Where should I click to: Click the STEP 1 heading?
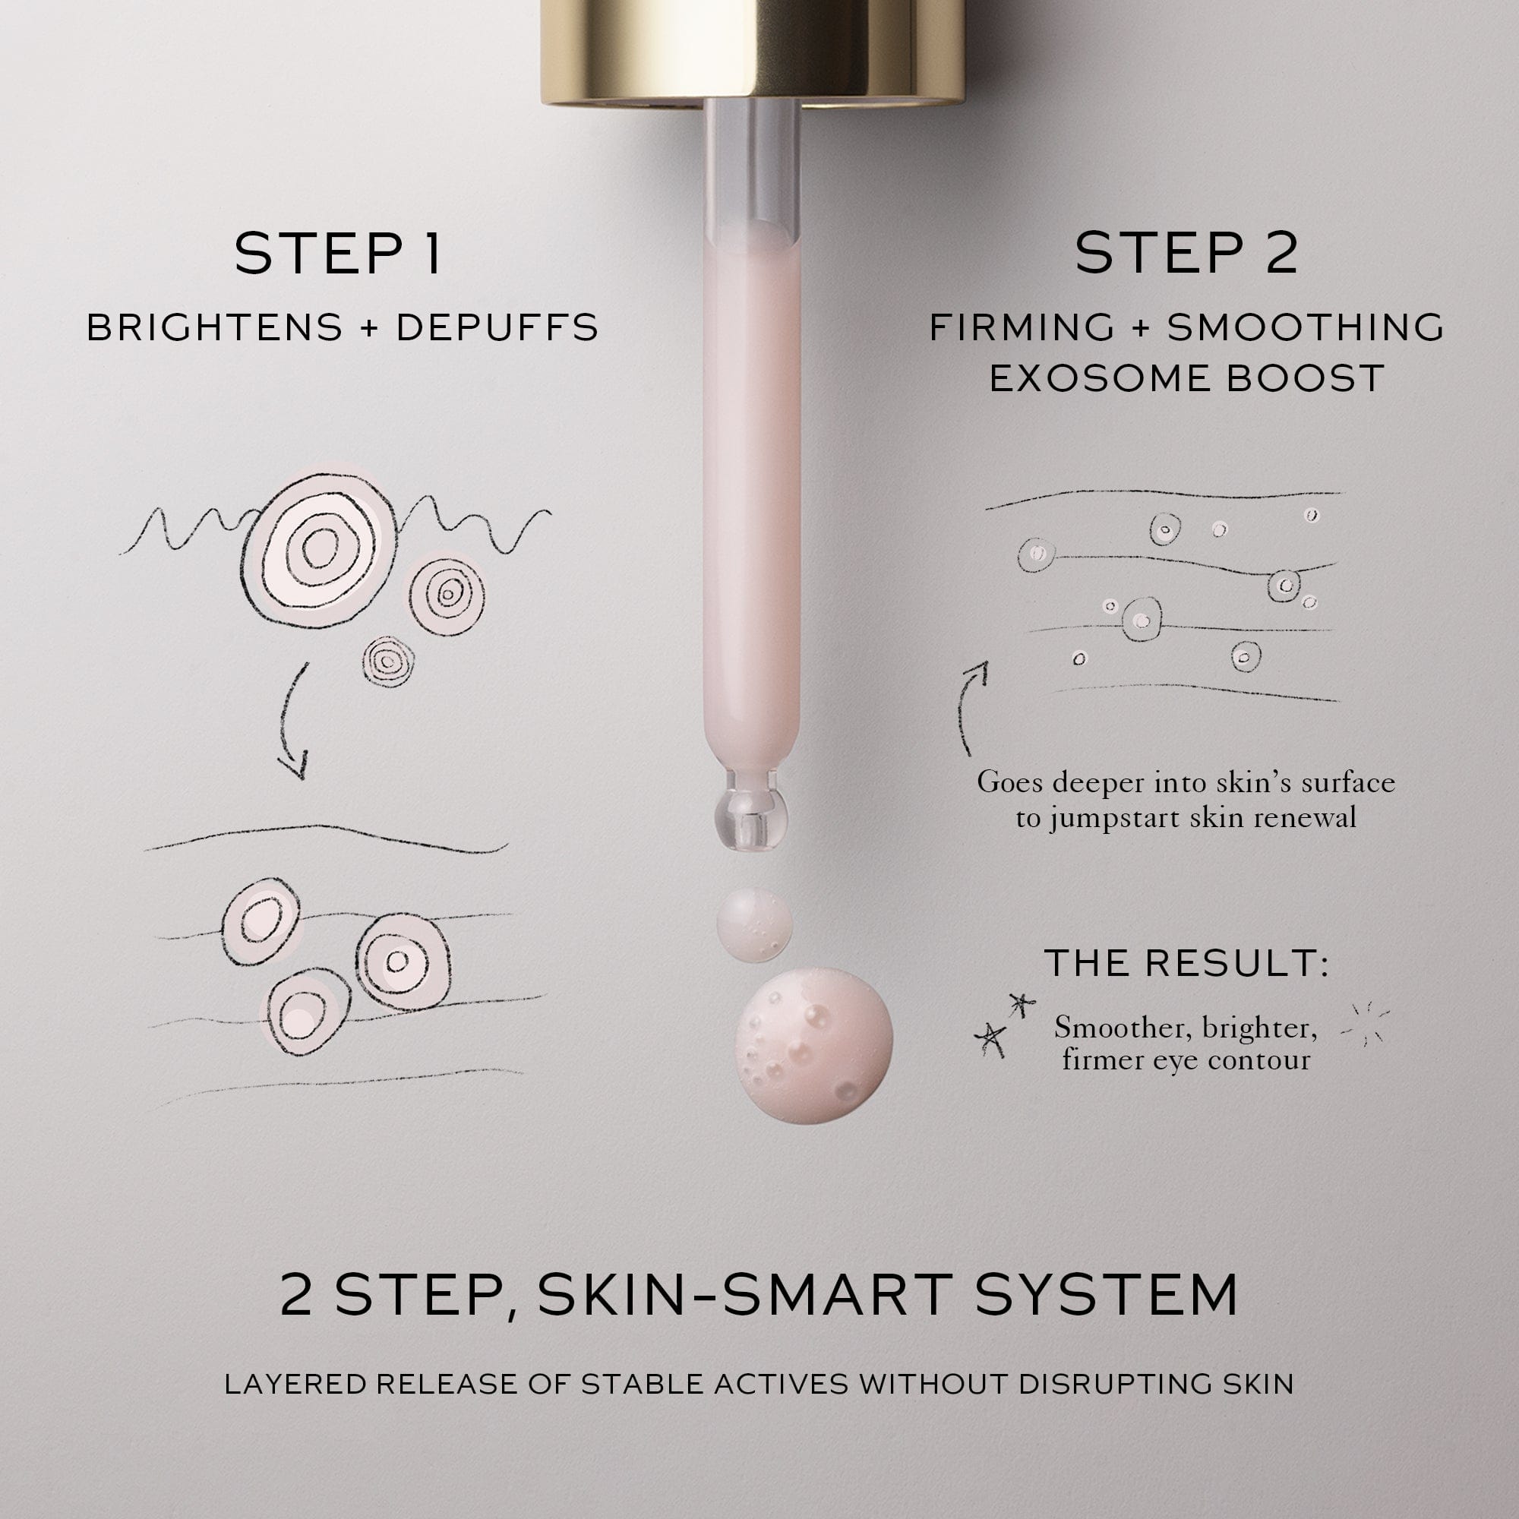pos(338,253)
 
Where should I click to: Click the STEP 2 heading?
pos(1186,253)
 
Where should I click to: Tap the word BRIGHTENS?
pos(215,328)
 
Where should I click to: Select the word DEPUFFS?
pos(497,328)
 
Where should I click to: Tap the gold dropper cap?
pos(753,52)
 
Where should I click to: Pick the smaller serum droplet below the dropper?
pos(754,925)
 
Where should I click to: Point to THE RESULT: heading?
pos(1186,963)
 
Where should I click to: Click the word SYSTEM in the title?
pos(1107,1296)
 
